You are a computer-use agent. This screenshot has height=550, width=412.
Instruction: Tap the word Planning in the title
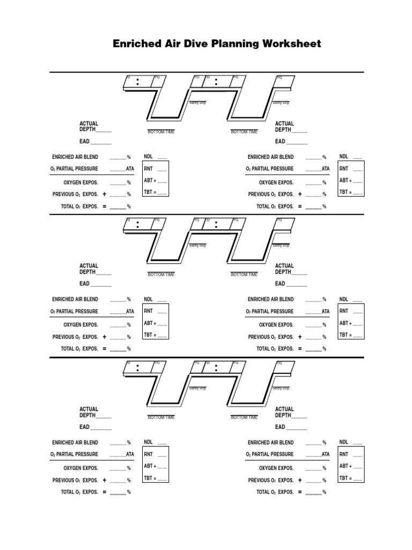[227, 44]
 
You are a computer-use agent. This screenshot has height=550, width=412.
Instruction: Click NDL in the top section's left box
[149, 156]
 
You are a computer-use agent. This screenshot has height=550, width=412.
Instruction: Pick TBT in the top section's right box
[343, 192]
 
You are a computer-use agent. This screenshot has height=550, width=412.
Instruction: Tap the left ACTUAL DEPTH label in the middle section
[89, 269]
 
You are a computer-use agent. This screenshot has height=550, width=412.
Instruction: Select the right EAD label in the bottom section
[280, 428]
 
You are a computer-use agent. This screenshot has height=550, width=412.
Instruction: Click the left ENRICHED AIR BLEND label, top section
[75, 157]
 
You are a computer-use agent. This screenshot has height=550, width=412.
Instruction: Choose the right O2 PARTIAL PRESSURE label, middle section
[270, 312]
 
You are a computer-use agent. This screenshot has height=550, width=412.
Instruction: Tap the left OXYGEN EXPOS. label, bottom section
[81, 468]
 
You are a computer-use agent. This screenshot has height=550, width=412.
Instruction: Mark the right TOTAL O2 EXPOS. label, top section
[275, 206]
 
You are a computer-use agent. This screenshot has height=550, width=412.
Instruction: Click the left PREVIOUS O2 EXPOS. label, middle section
[75, 337]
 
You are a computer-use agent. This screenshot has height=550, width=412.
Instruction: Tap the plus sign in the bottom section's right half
[300, 480]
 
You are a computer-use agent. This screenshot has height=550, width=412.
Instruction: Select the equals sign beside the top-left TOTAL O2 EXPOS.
[104, 206]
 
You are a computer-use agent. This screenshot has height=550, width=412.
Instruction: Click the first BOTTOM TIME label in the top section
[161, 132]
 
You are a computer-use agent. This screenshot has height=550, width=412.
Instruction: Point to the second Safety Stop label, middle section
[281, 245]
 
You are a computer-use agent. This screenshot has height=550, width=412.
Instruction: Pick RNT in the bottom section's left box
[148, 454]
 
